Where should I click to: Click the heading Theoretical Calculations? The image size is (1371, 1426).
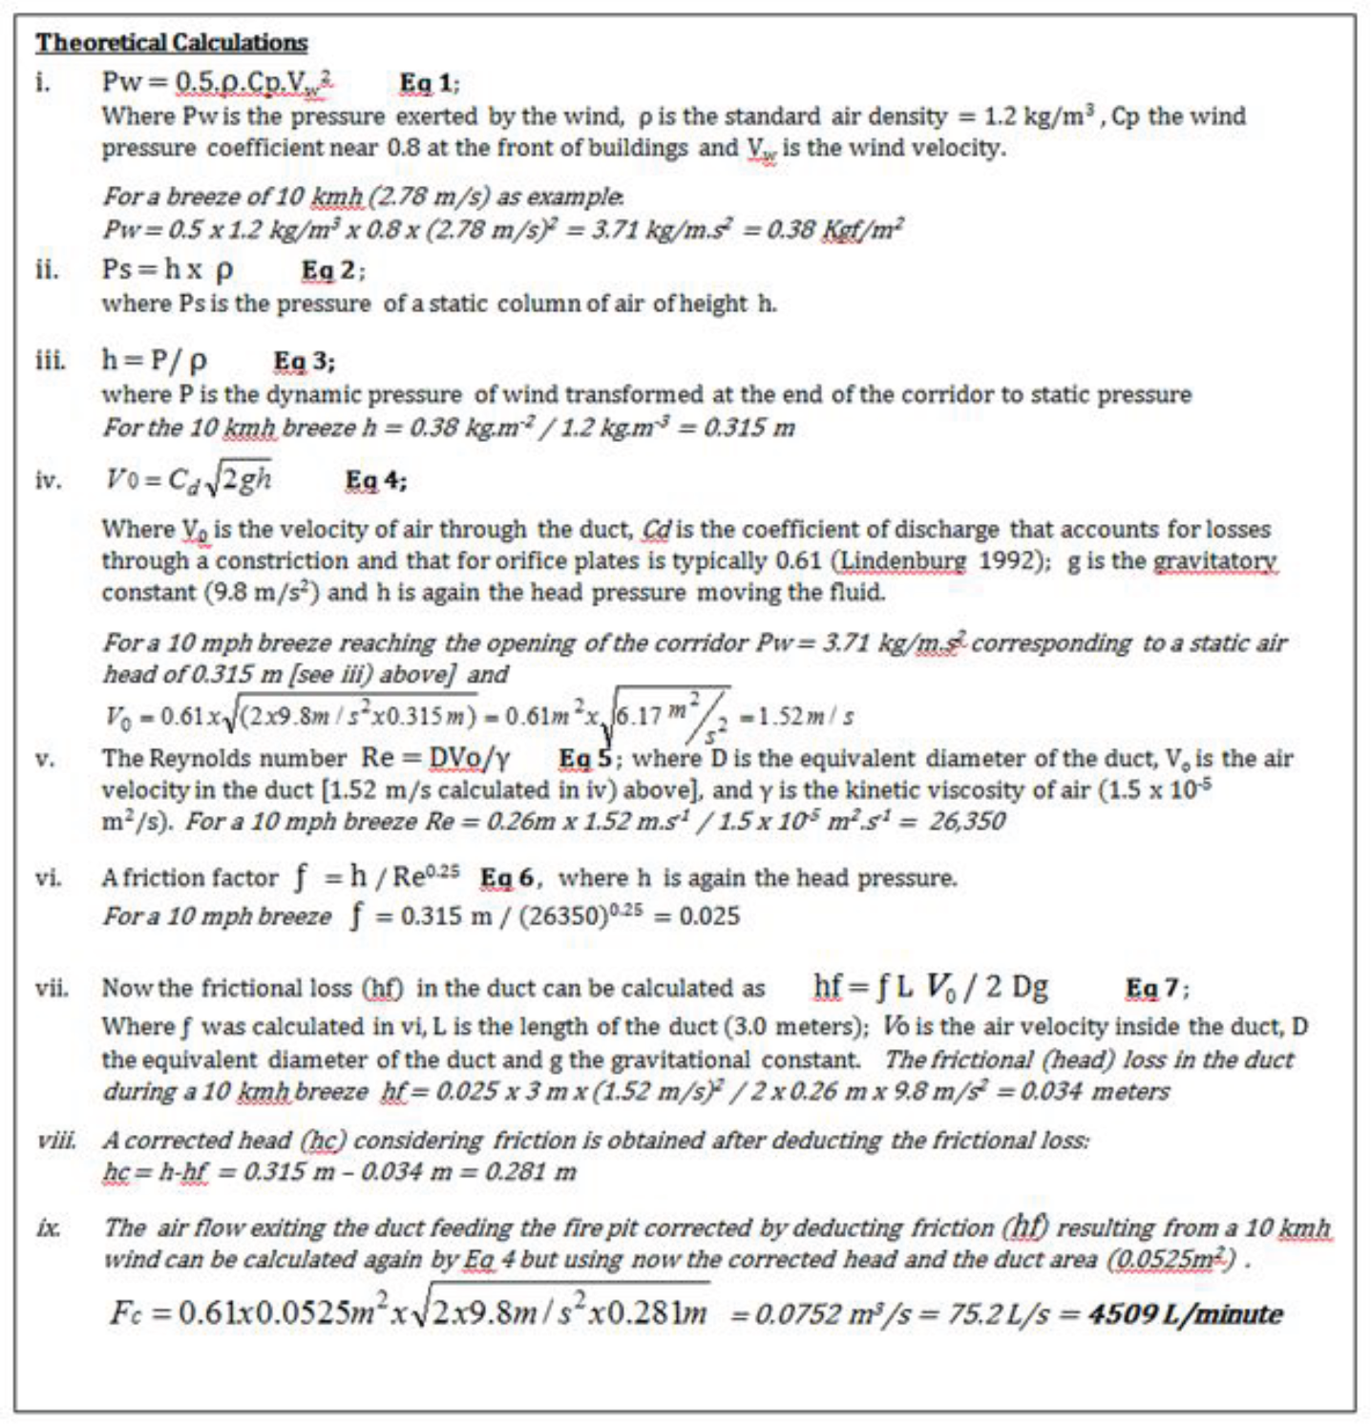pos(172,43)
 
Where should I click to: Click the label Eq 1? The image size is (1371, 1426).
pos(428,84)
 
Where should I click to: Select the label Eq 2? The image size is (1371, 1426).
pos(331,271)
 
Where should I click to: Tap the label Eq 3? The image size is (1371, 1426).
pos(303,362)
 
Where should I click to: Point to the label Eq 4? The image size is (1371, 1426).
pos(374,481)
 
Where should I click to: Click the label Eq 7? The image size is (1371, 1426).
pos(1156,988)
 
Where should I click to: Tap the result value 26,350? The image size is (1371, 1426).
pos(966,822)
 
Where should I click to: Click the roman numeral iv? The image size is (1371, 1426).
pos(48,480)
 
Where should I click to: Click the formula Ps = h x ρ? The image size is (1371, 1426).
pos(167,270)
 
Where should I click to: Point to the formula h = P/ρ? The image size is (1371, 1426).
pos(154,361)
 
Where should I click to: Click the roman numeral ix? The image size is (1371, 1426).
pos(48,1228)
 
